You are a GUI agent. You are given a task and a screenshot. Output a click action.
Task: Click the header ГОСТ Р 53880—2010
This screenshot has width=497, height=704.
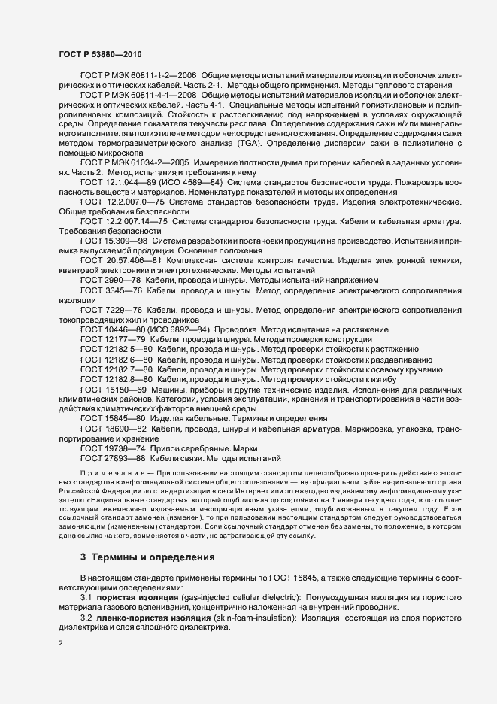point(94,54)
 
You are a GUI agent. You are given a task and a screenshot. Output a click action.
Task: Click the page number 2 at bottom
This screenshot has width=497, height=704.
point(60,643)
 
